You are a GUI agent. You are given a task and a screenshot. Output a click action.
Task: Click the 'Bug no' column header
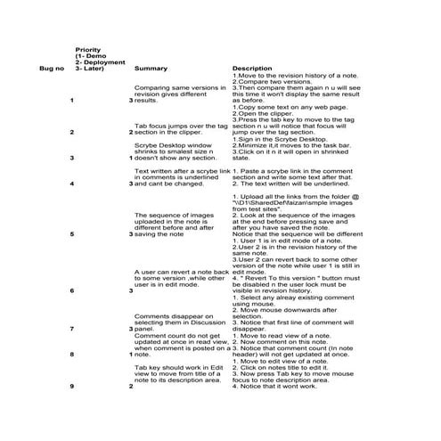click(51, 68)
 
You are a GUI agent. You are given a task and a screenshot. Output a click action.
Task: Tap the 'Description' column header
click(252, 68)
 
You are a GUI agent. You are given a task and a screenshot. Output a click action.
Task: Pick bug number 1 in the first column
click(70, 101)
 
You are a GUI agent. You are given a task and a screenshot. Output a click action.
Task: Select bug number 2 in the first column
click(70, 133)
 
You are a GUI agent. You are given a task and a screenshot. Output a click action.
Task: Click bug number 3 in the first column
click(70, 158)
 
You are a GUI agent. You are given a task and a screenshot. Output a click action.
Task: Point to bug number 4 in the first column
click(70, 184)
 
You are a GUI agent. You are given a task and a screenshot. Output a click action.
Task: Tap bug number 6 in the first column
click(70, 290)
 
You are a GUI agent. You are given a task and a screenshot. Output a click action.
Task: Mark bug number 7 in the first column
click(70, 329)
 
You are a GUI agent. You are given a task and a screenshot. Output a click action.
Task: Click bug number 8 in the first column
click(70, 354)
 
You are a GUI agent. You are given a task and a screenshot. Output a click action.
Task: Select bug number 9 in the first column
click(70, 386)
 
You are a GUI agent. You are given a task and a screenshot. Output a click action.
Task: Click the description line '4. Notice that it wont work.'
click(274, 386)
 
